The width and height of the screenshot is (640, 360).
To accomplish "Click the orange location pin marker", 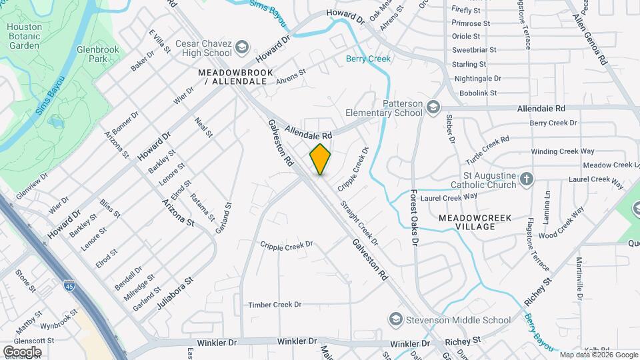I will pos(320,159).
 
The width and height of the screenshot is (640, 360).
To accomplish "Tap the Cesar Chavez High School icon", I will pos(241,47).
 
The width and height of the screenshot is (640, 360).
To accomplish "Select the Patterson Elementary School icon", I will pos(433,107).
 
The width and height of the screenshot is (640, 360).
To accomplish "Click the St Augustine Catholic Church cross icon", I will pos(527,179).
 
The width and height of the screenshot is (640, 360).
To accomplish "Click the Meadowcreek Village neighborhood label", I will pos(467,222).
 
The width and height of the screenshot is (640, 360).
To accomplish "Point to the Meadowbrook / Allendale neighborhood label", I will pos(231,76).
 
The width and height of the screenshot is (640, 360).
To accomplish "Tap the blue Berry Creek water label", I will pos(368,59).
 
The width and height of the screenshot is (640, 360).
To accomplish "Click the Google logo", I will pos(22,351).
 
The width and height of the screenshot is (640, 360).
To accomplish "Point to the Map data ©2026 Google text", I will pos(599,355).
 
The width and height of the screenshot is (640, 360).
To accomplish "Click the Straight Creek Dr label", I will pos(359,223).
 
